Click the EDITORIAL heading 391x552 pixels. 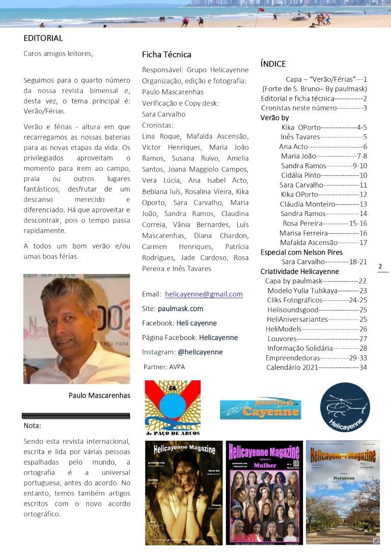43,38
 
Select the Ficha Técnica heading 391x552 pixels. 166,54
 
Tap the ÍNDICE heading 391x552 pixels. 273,64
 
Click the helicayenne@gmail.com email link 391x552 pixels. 204,294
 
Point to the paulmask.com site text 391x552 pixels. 180,309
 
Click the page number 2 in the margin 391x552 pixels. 380,266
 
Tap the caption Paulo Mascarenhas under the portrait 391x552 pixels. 99,395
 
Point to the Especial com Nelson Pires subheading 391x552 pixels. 301,252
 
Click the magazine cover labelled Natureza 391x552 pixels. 343,492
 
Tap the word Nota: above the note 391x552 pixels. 33,425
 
